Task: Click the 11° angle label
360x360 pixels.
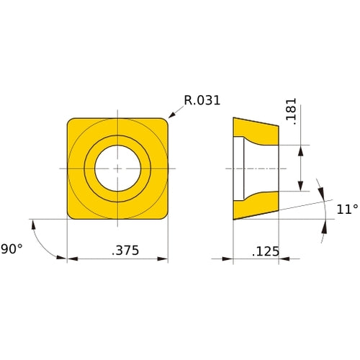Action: (347, 210)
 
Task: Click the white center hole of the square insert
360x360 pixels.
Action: (117, 168)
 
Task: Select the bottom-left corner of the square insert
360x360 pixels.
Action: (71, 215)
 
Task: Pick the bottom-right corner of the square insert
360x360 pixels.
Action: (163, 215)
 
